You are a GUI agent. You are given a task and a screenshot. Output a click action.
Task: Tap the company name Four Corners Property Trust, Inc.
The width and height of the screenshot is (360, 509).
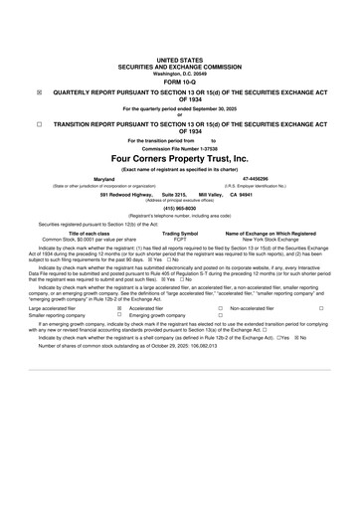click(x=180, y=158)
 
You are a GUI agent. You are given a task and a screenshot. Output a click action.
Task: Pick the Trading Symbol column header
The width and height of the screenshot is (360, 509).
click(x=180, y=233)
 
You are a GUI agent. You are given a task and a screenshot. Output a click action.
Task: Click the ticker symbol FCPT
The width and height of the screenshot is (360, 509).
click(x=180, y=240)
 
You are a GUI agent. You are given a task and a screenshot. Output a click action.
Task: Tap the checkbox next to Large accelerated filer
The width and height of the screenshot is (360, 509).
click(x=119, y=309)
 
